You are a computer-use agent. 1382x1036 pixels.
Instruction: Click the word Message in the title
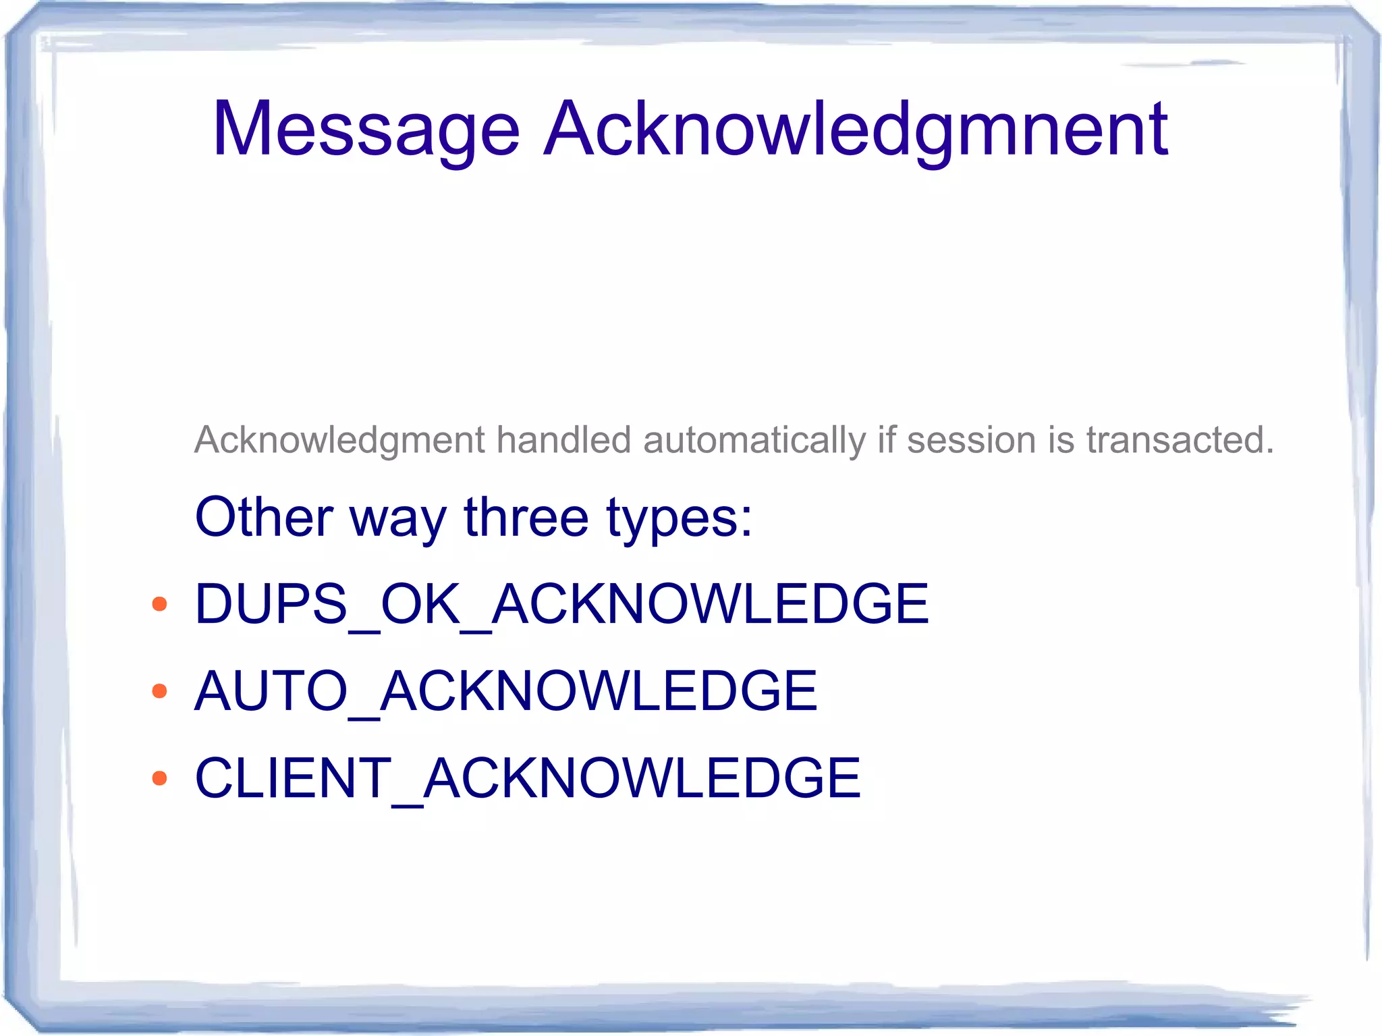pyautogui.click(x=366, y=130)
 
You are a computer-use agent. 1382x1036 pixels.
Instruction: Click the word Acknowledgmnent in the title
pyautogui.click(x=856, y=130)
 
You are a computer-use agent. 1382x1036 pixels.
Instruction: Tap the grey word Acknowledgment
pyautogui.click(x=339, y=441)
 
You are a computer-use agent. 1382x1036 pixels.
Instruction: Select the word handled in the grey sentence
pyautogui.click(x=564, y=439)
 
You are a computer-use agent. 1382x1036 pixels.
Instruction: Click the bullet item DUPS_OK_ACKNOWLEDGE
pyautogui.click(x=561, y=603)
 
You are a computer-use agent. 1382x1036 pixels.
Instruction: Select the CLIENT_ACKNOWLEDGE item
pyautogui.click(x=528, y=778)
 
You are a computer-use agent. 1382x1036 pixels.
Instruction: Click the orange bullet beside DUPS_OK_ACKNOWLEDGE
pyautogui.click(x=160, y=603)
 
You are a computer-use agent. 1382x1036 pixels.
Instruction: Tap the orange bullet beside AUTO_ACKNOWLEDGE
pyautogui.click(x=160, y=690)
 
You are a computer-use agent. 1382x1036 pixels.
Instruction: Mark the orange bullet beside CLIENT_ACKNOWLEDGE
pyautogui.click(x=160, y=778)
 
